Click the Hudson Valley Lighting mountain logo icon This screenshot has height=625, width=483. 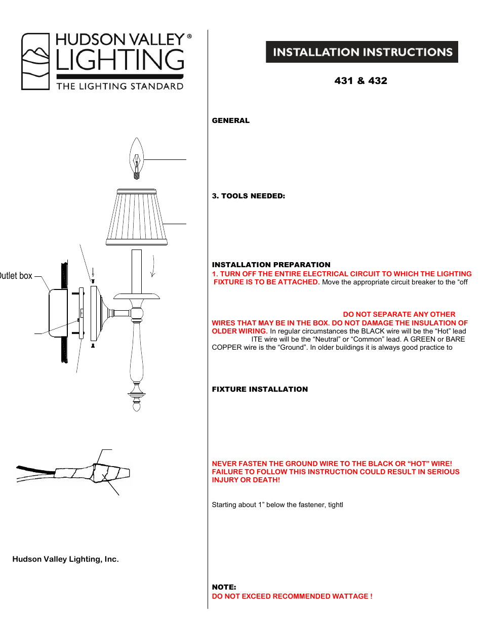coord(35,62)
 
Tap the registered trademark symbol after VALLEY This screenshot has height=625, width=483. coord(189,36)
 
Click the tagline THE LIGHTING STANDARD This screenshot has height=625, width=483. coord(119,87)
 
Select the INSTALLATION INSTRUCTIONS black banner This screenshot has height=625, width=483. coord(362,52)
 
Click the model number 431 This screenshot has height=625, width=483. coord(344,81)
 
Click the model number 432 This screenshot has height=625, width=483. coord(378,81)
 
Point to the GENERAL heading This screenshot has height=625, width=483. coord(230,120)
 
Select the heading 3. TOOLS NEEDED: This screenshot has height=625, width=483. coord(248,196)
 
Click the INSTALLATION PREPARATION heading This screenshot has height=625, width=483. coord(271,265)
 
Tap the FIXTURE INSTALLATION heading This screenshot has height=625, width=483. coord(260,389)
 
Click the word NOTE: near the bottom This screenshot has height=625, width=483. coord(224,587)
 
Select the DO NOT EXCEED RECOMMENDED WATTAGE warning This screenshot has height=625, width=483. coord(292,596)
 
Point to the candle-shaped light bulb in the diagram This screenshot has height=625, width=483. coord(136,158)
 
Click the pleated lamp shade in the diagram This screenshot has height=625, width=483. coord(137,217)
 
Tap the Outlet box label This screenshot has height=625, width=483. coord(16,276)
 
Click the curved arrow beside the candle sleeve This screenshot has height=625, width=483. coord(153,267)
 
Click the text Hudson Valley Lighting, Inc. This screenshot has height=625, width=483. coord(65,559)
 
